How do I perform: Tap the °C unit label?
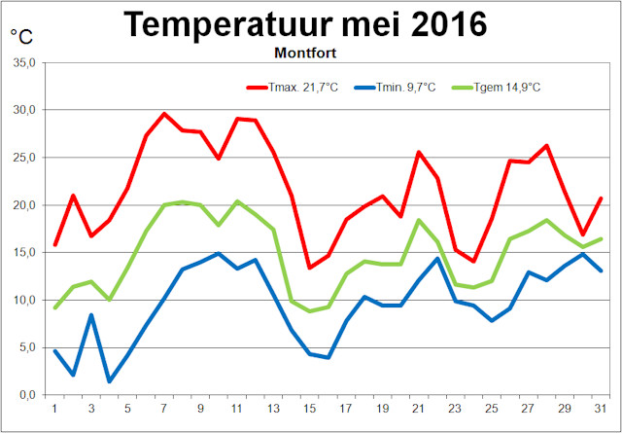point(21,37)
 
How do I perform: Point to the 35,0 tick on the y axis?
point(23,63)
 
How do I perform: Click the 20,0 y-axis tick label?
point(23,205)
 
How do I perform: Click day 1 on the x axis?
point(54,409)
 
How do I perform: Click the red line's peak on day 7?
point(164,114)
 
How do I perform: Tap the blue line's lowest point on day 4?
point(109,381)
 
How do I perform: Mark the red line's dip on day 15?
point(310,268)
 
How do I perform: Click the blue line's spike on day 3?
point(91,314)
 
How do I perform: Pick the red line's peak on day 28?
point(548,146)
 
